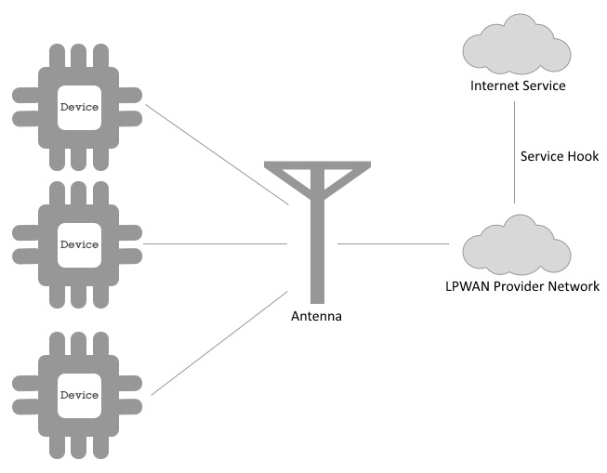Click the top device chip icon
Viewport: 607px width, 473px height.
point(78,107)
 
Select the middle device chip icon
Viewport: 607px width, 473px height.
point(78,244)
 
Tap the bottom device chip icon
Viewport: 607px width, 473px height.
point(78,395)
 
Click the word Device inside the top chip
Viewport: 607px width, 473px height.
point(78,107)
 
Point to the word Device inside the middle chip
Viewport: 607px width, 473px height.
point(78,244)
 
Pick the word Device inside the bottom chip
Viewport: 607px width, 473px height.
point(78,395)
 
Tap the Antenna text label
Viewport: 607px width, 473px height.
point(317,316)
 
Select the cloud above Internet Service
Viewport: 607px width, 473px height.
point(515,47)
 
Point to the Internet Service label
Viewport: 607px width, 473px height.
point(518,85)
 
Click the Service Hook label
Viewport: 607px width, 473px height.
point(560,155)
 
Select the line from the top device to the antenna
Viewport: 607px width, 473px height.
point(217,155)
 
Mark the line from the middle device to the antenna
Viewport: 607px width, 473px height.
point(217,244)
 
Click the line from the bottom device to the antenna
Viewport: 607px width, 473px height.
point(218,343)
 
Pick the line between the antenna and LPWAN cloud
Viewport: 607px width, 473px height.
point(393,244)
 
